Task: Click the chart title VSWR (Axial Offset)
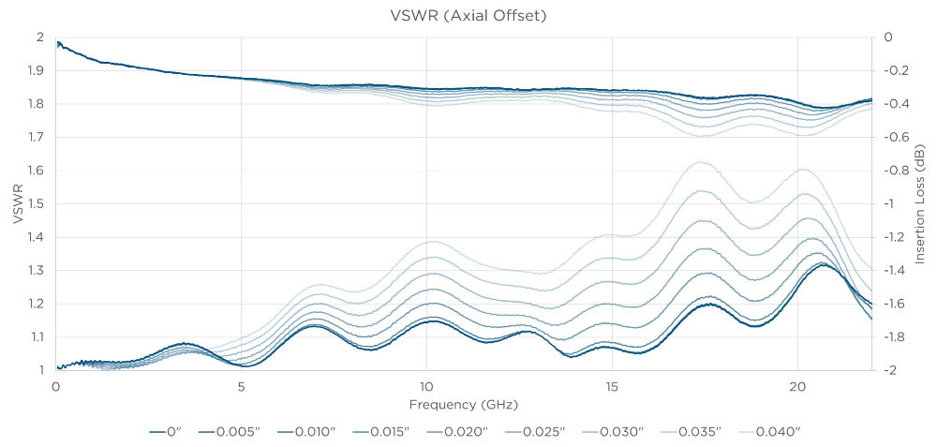[x=468, y=15]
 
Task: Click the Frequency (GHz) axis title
[x=463, y=405]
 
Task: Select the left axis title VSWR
[x=16, y=202]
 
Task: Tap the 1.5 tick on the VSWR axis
[x=37, y=203]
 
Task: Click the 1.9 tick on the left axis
[x=37, y=70]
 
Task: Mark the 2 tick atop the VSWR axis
[x=40, y=37]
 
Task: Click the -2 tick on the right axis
[x=891, y=370]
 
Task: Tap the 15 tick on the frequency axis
[x=611, y=386]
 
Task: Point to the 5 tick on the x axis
[x=242, y=386]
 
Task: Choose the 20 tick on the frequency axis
[x=796, y=386]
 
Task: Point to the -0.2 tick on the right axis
[x=897, y=70]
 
